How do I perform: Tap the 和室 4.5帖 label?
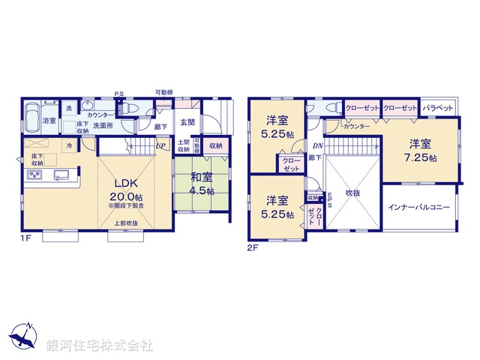pyautogui.click(x=200, y=183)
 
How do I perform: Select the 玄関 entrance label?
pyautogui.click(x=187, y=122)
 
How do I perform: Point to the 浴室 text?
pyautogui.click(x=49, y=120)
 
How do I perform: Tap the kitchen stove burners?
pyautogui.click(x=36, y=175)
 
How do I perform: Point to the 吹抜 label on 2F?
pyautogui.click(x=353, y=193)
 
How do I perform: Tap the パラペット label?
pyautogui.click(x=437, y=108)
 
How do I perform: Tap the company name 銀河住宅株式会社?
pyautogui.click(x=99, y=345)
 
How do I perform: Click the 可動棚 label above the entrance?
pyautogui.click(x=163, y=92)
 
